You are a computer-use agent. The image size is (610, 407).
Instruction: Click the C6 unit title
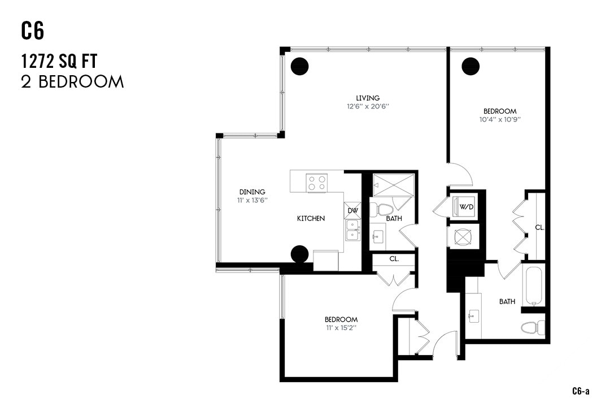click(33, 31)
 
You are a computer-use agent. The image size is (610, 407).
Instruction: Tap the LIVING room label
click(368, 98)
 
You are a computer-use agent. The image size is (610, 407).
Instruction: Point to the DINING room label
click(252, 192)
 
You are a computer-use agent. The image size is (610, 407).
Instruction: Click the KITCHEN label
click(311, 218)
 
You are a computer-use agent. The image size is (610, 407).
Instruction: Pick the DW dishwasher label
click(352, 211)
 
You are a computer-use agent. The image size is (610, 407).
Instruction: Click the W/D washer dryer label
click(466, 207)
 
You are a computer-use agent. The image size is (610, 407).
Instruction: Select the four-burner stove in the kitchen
click(317, 182)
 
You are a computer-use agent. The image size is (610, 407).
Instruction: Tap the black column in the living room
click(300, 66)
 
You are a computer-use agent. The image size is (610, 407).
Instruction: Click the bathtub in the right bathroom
click(533, 285)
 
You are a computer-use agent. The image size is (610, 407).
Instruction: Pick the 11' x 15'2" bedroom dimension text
click(341, 327)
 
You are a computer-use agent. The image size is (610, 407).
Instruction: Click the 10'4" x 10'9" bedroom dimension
click(499, 119)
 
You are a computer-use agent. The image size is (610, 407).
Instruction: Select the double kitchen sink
click(353, 231)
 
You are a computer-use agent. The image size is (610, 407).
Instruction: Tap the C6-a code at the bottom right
click(581, 391)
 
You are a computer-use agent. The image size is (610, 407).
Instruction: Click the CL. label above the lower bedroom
click(394, 259)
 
